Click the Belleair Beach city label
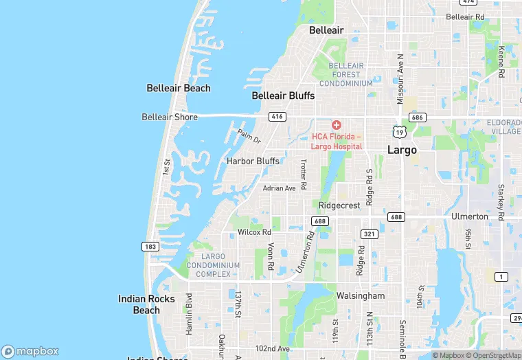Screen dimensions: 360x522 (x=179, y=88)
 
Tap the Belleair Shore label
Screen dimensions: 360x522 (x=170, y=117)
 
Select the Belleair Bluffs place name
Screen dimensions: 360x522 (x=283, y=95)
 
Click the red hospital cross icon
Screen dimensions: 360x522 (x=337, y=124)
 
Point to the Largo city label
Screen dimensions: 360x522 (x=402, y=150)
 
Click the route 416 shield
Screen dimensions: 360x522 (x=277, y=117)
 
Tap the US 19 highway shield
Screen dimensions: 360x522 (x=399, y=131)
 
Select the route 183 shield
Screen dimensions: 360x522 (x=150, y=246)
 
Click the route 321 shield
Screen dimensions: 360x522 (x=370, y=234)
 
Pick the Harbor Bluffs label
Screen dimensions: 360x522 (x=253, y=161)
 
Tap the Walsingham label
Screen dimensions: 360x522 (x=361, y=295)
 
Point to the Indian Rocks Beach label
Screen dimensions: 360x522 (x=146, y=304)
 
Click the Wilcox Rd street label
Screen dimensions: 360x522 (x=255, y=232)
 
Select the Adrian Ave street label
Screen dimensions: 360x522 (x=279, y=188)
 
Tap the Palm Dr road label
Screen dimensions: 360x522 (x=249, y=136)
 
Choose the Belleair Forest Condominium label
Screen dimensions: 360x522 (x=341, y=74)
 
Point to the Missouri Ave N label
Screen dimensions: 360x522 (x=399, y=78)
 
